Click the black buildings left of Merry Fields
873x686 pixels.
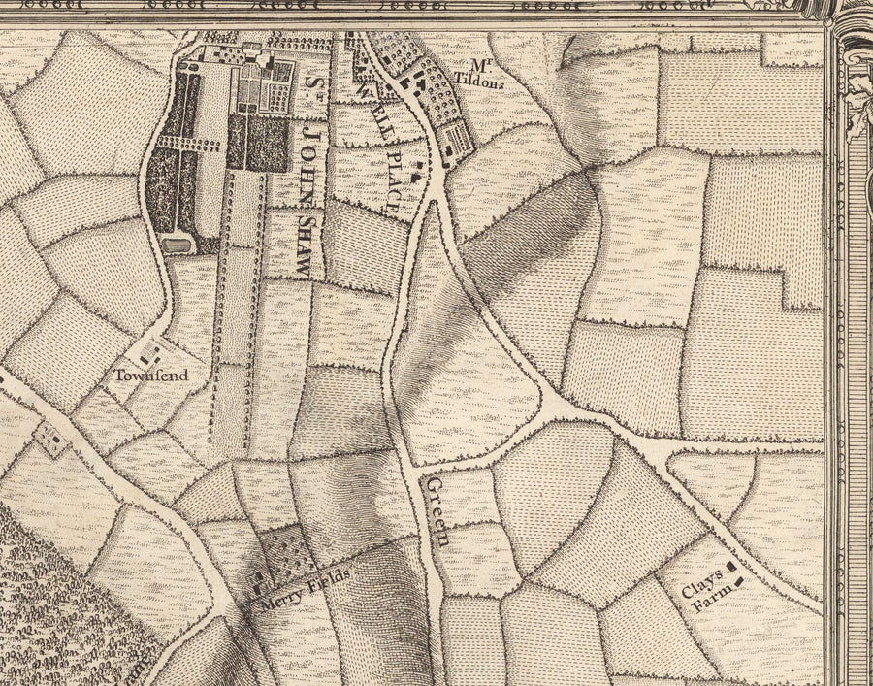coord(259,585)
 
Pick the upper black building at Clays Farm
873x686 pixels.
coord(730,565)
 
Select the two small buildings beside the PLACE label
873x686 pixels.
coord(415,176)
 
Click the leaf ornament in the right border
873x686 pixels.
coord(859,102)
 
